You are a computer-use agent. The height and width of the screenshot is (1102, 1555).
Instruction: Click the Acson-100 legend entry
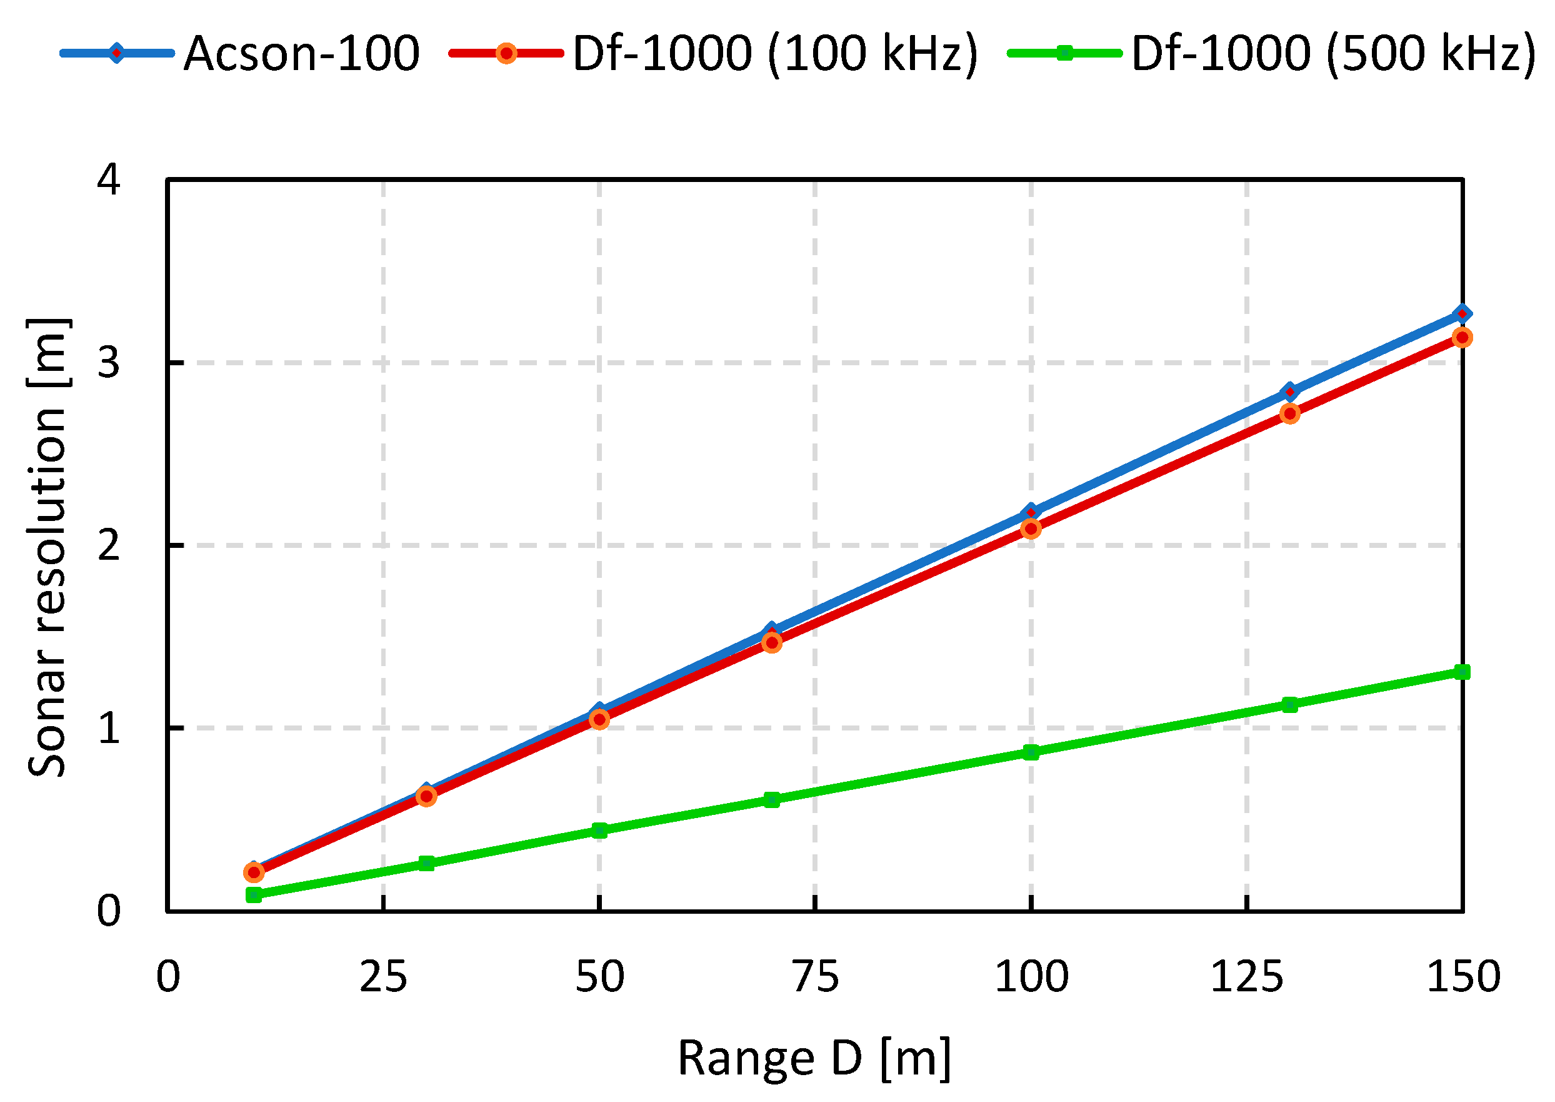coord(301,54)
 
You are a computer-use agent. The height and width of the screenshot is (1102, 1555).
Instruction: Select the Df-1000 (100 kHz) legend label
coord(775,54)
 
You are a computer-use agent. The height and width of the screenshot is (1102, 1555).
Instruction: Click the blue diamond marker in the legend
coord(117,53)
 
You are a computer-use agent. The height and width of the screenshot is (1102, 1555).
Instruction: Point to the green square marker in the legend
coord(1065,53)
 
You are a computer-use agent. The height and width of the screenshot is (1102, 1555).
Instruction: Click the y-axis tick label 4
coord(109,181)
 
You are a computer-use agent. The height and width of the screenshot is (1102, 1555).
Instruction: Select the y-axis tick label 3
coord(109,363)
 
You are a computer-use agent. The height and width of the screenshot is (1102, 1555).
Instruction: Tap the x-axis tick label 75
coord(815,977)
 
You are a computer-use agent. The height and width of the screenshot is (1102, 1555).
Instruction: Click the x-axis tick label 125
coord(1246,977)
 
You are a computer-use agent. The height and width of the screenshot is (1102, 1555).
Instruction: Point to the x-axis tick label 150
coord(1462,977)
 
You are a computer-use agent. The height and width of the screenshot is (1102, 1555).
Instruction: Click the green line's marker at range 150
coord(1462,672)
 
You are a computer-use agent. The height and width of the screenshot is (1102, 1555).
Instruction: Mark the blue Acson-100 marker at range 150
coord(1462,313)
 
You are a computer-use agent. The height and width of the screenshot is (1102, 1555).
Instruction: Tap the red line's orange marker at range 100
coord(1031,528)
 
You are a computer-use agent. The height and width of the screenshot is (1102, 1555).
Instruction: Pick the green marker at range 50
coord(599,831)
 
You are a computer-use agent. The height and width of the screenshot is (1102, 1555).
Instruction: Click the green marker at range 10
coord(254,895)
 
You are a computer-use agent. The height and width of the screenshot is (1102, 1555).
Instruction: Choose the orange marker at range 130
coord(1290,414)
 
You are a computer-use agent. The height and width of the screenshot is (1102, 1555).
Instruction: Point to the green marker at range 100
coord(1031,752)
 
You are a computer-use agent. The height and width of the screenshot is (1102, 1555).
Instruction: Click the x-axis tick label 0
coord(168,977)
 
